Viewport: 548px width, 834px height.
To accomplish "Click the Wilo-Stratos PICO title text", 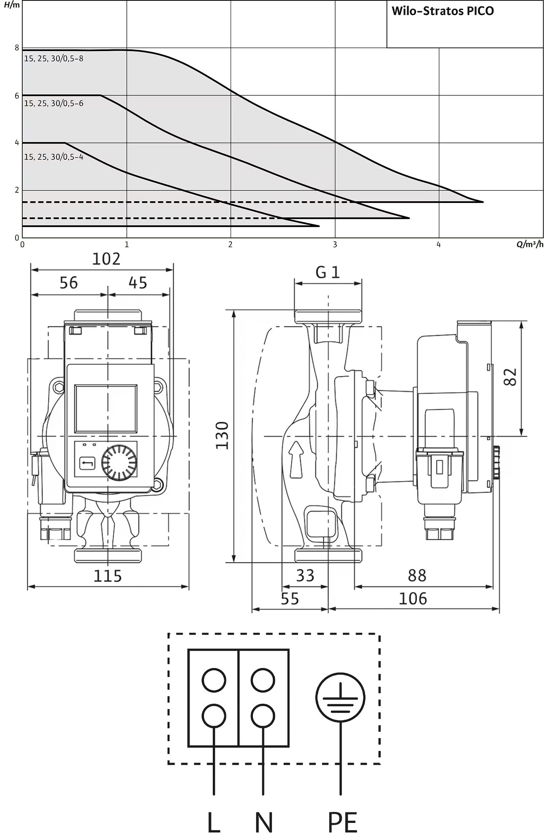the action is click(x=443, y=11).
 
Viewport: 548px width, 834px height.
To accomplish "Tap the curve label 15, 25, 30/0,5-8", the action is click(x=54, y=59).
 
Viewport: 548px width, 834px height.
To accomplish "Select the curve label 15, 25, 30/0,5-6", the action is click(x=54, y=103).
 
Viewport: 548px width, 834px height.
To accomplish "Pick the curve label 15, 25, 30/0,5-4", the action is click(x=54, y=157).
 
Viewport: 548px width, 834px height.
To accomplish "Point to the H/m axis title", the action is click(x=12, y=5).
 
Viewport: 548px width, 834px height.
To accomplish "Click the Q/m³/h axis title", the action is click(x=530, y=244).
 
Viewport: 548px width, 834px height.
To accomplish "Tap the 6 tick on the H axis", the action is click(x=17, y=96).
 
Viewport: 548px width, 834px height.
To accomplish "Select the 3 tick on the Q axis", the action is click(x=335, y=245).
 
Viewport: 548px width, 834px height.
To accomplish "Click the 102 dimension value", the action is click(x=106, y=259).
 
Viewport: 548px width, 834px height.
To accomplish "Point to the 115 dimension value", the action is click(x=107, y=575).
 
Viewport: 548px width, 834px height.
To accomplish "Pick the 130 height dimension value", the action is click(x=222, y=435).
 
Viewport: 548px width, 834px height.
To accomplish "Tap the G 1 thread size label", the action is click(x=328, y=273).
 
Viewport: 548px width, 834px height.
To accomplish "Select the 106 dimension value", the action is click(x=413, y=598).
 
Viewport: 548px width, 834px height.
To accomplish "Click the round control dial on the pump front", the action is click(x=119, y=463).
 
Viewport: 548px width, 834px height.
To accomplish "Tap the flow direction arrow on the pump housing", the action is click(x=297, y=459).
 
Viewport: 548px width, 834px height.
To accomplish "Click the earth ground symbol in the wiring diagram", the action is click(x=340, y=697).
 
